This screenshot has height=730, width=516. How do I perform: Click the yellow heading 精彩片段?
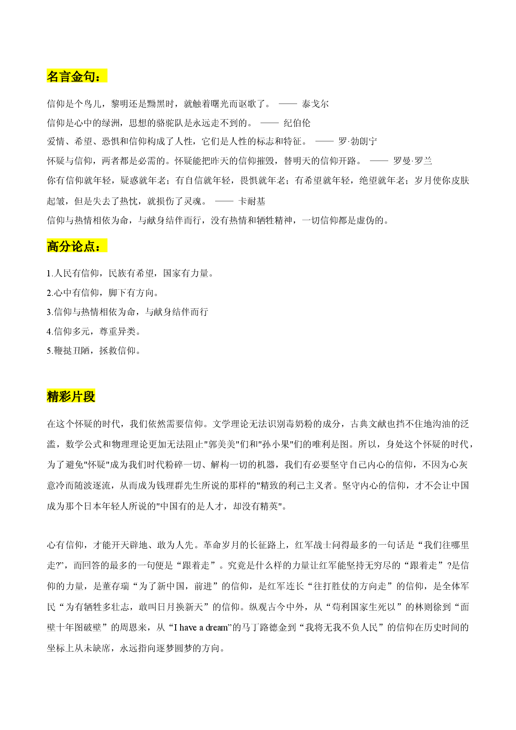[71, 396]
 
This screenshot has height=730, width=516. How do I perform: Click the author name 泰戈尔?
[315, 104]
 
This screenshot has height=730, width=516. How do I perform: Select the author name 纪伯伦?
[297, 123]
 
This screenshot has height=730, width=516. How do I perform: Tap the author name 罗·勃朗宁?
[358, 142]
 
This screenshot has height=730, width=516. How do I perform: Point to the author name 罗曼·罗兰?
[413, 161]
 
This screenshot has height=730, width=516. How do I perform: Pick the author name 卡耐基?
[252, 201]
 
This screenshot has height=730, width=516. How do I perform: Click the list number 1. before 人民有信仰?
[50, 273]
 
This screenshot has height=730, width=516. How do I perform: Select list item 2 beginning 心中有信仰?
[103, 293]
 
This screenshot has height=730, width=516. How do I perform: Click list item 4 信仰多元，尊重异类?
[94, 331]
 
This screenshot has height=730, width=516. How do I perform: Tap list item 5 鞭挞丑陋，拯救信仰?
[94, 350]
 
